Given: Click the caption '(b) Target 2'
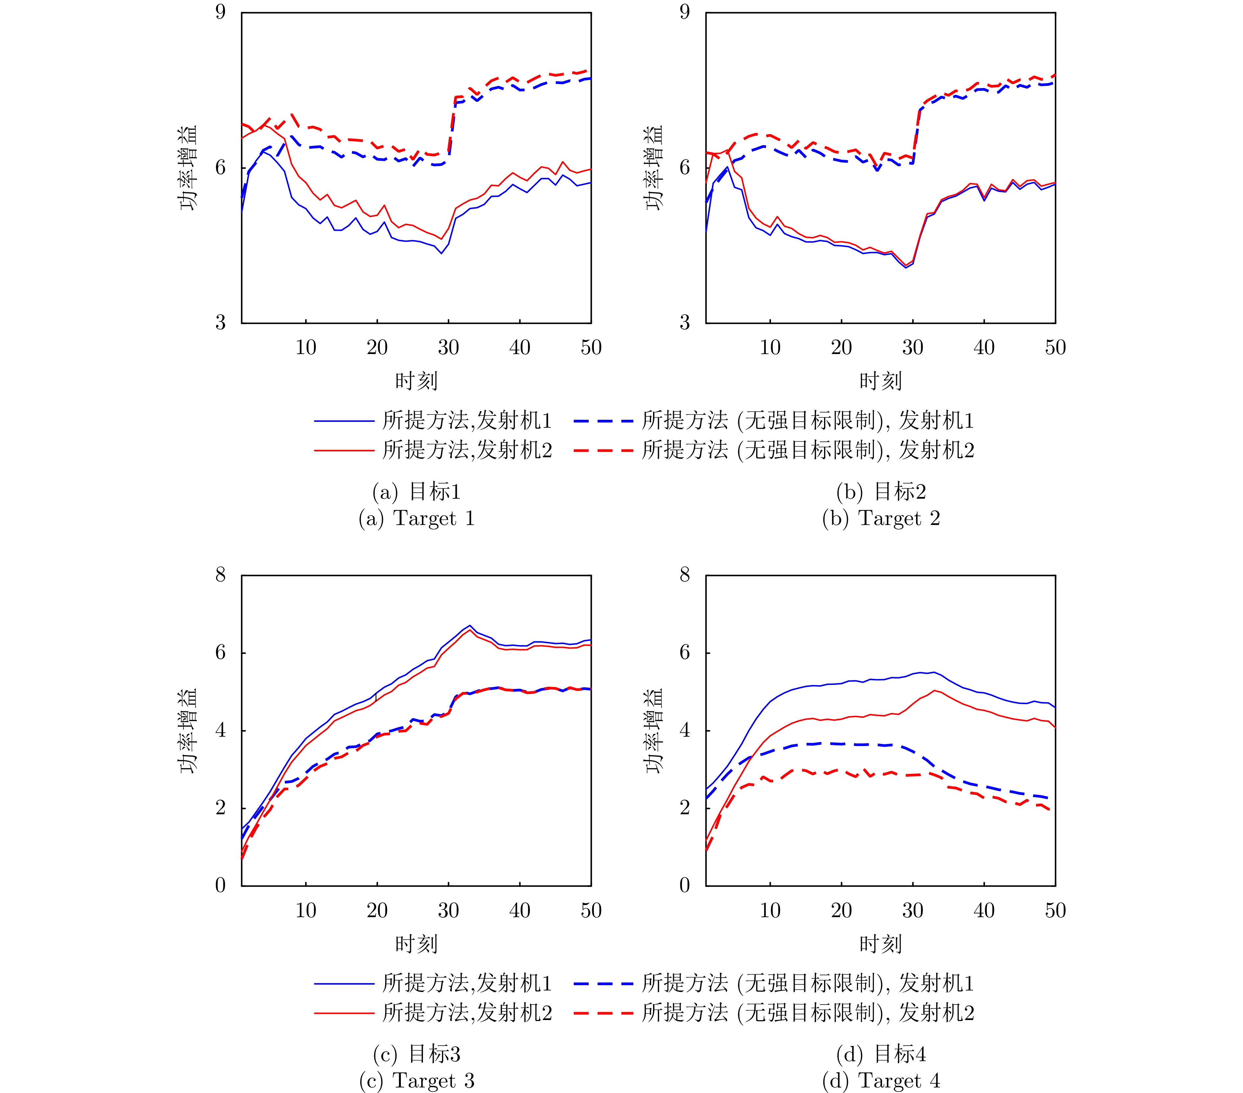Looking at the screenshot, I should [x=881, y=518].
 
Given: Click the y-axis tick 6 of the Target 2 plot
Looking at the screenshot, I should [x=685, y=168].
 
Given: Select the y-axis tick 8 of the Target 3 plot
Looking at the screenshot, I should [x=220, y=575].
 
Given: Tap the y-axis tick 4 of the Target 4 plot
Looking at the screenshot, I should [x=685, y=730].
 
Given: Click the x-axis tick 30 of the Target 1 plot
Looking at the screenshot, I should [x=448, y=348].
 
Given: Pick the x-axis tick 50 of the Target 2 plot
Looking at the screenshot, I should [x=1055, y=348].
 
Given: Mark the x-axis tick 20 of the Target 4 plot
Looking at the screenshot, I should [x=841, y=910].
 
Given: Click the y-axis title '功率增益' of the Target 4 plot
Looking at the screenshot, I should [x=654, y=730].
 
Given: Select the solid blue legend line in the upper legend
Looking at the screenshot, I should [x=344, y=421].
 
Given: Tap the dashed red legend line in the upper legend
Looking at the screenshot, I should [x=603, y=450].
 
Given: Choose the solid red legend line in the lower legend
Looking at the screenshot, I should [x=344, y=1013].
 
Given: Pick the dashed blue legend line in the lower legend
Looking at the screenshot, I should [x=603, y=983].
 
